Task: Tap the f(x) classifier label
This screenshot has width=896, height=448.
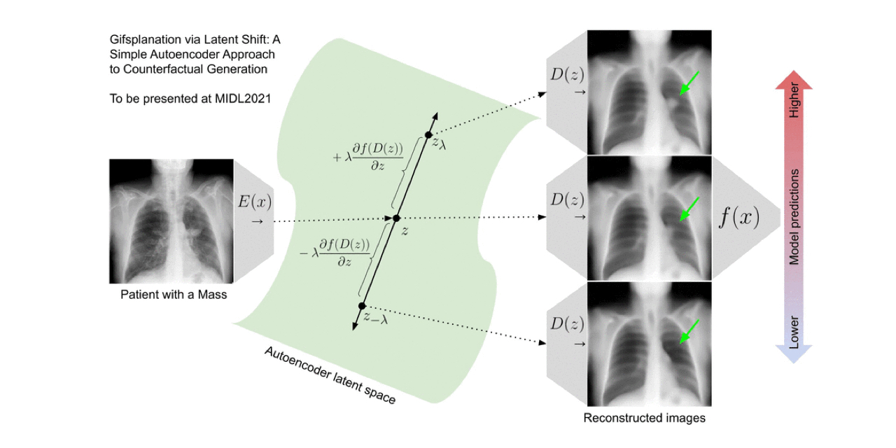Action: (x=739, y=218)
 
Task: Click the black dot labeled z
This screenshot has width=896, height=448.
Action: (x=396, y=218)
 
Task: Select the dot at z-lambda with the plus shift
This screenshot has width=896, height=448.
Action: (x=429, y=134)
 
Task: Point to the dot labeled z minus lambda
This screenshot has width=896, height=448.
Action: (x=362, y=306)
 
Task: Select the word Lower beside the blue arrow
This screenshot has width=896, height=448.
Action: (x=794, y=331)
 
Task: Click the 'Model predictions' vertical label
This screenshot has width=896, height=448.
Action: (x=794, y=217)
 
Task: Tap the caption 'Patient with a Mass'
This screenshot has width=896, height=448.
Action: (x=174, y=295)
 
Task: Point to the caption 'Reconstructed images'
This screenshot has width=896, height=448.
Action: (x=644, y=419)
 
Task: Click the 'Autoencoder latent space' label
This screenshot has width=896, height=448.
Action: (x=330, y=375)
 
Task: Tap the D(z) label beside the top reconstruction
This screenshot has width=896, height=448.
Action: (x=566, y=74)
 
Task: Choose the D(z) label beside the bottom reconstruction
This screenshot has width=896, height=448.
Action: (x=566, y=324)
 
